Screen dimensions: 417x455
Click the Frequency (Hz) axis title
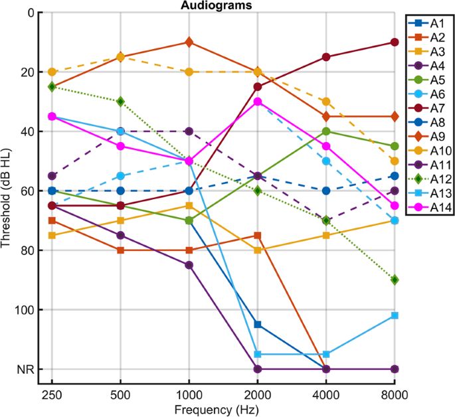point(223,408)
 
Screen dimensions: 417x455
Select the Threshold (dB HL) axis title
point(8,191)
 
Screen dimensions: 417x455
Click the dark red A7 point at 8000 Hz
point(395,42)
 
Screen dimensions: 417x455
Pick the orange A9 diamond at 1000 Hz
point(189,42)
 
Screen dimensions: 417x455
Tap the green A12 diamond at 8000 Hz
point(395,280)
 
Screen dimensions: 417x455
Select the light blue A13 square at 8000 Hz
point(395,315)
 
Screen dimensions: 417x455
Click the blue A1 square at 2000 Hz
point(258,325)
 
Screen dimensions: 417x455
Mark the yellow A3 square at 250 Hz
point(52,236)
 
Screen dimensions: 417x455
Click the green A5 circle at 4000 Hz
point(326,131)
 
